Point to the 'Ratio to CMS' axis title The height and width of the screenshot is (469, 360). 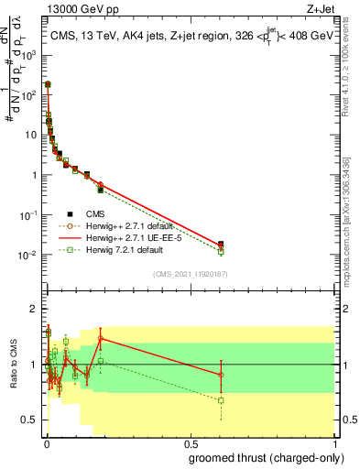(13, 365)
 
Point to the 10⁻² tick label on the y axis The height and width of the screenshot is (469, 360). (29, 256)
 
